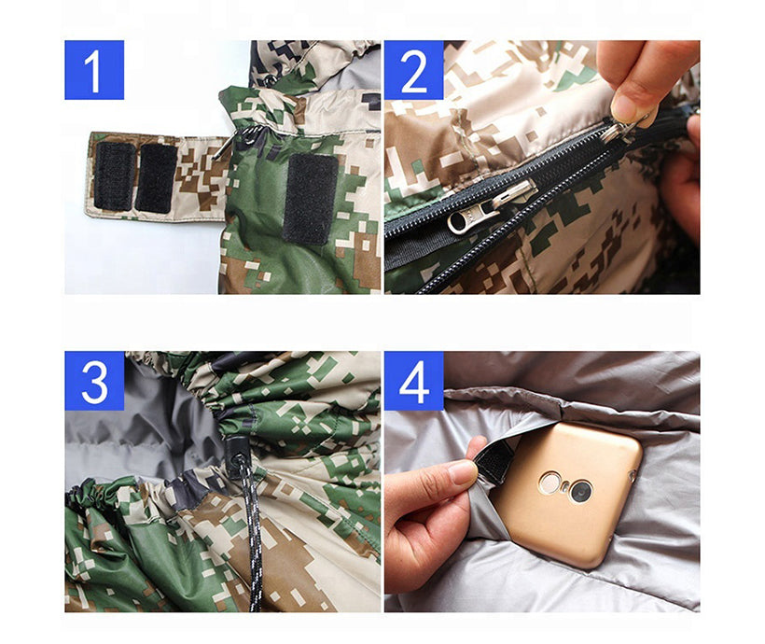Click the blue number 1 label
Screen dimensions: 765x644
(x=94, y=70)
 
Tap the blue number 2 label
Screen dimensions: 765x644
(x=413, y=70)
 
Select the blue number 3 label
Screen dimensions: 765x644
(x=94, y=381)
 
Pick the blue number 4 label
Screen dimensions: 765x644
(x=413, y=381)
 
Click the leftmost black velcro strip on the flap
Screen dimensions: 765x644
(x=114, y=176)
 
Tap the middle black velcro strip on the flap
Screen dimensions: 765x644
(x=156, y=178)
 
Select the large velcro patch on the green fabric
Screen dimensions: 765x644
(x=311, y=200)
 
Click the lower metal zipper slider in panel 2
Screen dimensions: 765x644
(x=491, y=207)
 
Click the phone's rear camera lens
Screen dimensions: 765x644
(x=580, y=491)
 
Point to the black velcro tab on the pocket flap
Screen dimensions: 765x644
(x=492, y=464)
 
